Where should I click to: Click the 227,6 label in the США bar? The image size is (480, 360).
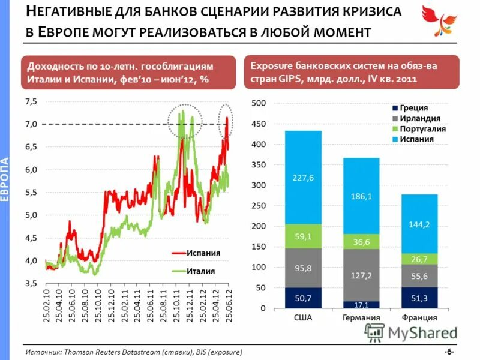pos(303,177)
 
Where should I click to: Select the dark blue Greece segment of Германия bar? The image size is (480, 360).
pos(362,305)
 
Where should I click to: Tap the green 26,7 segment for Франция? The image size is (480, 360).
pos(420,259)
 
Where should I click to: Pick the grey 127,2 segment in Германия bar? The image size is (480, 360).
pos(362,275)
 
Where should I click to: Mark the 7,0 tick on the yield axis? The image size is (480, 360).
pos(29,124)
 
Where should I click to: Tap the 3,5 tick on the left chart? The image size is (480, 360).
pos(29,283)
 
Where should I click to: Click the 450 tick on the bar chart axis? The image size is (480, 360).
pos(257,124)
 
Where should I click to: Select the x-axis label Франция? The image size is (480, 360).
pos(420,318)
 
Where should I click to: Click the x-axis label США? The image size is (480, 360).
pos(303,318)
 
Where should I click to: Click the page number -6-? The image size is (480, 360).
pos(449,351)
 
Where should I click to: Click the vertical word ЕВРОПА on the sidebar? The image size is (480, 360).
pos(5,180)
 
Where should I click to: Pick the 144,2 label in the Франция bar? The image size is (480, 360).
pos(420,224)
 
